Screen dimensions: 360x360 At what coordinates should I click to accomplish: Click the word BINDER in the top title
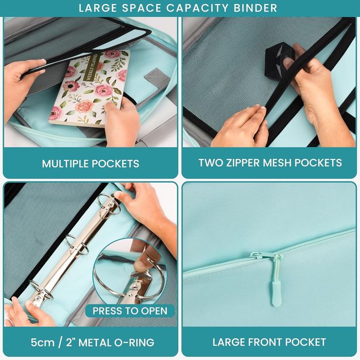(255, 8)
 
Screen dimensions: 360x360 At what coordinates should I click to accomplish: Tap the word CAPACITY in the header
(197, 8)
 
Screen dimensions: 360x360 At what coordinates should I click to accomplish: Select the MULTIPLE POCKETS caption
(91, 164)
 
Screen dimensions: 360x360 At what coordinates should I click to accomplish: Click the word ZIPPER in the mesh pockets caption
(244, 163)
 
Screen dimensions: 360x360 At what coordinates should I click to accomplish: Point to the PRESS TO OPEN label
(130, 311)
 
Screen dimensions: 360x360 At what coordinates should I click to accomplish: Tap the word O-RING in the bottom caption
(134, 343)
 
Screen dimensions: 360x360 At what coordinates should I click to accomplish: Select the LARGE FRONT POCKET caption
(269, 342)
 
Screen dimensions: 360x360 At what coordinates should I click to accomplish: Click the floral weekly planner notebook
(89, 88)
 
